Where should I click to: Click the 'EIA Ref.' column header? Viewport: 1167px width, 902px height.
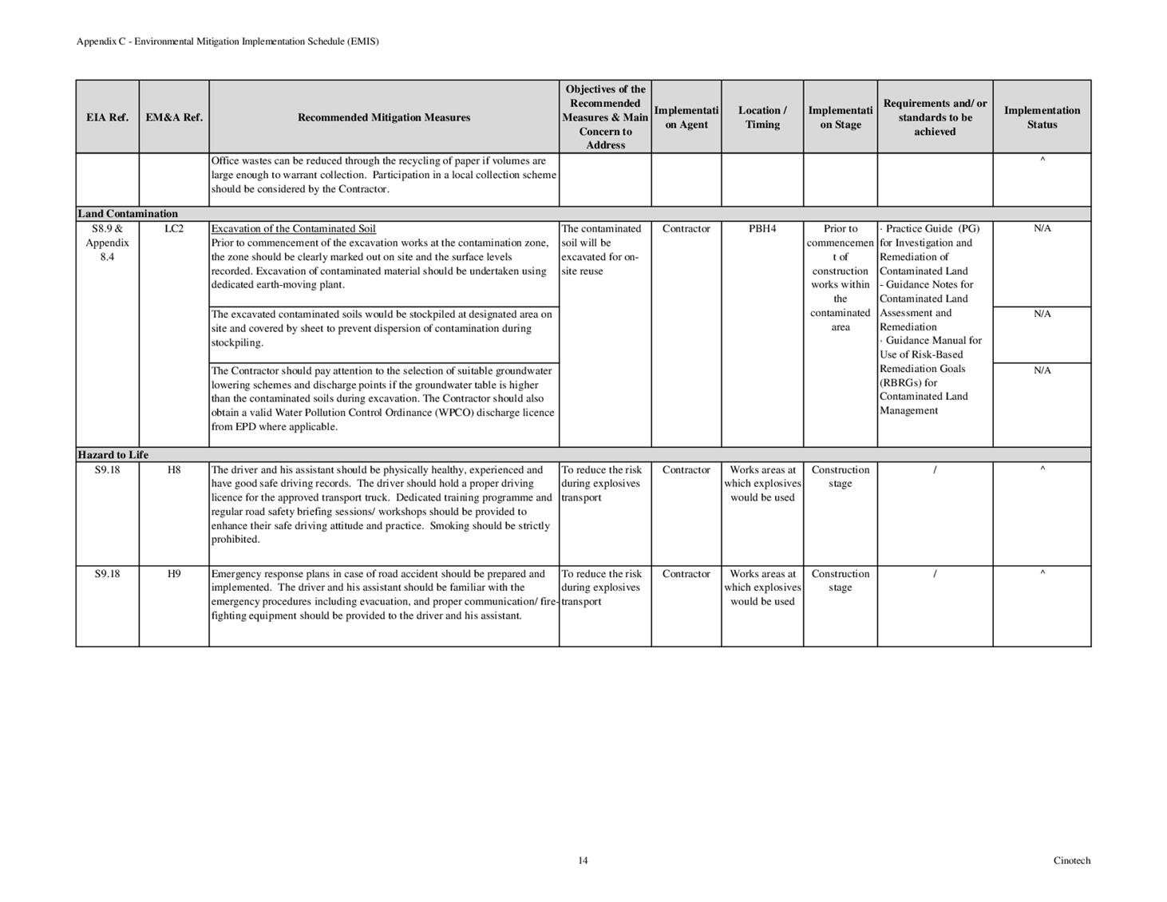[107, 117]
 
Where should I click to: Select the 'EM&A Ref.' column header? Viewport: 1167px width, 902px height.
[174, 117]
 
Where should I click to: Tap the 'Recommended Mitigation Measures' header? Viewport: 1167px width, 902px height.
[384, 117]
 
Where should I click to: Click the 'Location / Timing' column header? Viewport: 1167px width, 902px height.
[762, 117]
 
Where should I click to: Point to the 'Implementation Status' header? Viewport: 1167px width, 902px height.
[1042, 117]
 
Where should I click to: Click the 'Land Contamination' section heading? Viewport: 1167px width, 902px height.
[128, 214]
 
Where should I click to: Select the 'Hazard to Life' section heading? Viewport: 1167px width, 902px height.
[113, 455]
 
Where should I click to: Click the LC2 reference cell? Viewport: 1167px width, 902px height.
[174, 229]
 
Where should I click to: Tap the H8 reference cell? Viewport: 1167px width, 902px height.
[174, 470]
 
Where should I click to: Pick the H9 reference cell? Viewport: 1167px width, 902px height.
[174, 574]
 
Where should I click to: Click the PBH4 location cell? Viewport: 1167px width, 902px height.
[762, 229]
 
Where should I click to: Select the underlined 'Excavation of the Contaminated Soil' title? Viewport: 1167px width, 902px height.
[293, 229]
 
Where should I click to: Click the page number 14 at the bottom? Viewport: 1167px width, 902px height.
[583, 860]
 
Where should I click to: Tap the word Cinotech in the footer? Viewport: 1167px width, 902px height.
[1071, 860]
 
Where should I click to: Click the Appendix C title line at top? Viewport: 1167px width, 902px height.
[227, 42]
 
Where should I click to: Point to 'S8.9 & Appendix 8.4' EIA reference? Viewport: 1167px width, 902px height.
[107, 243]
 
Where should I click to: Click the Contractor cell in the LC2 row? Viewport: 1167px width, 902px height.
[686, 229]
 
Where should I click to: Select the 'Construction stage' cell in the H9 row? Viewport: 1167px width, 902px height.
[841, 580]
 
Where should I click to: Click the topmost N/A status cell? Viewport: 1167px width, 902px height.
[1042, 229]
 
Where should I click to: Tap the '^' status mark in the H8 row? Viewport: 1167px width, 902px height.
[1042, 469]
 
